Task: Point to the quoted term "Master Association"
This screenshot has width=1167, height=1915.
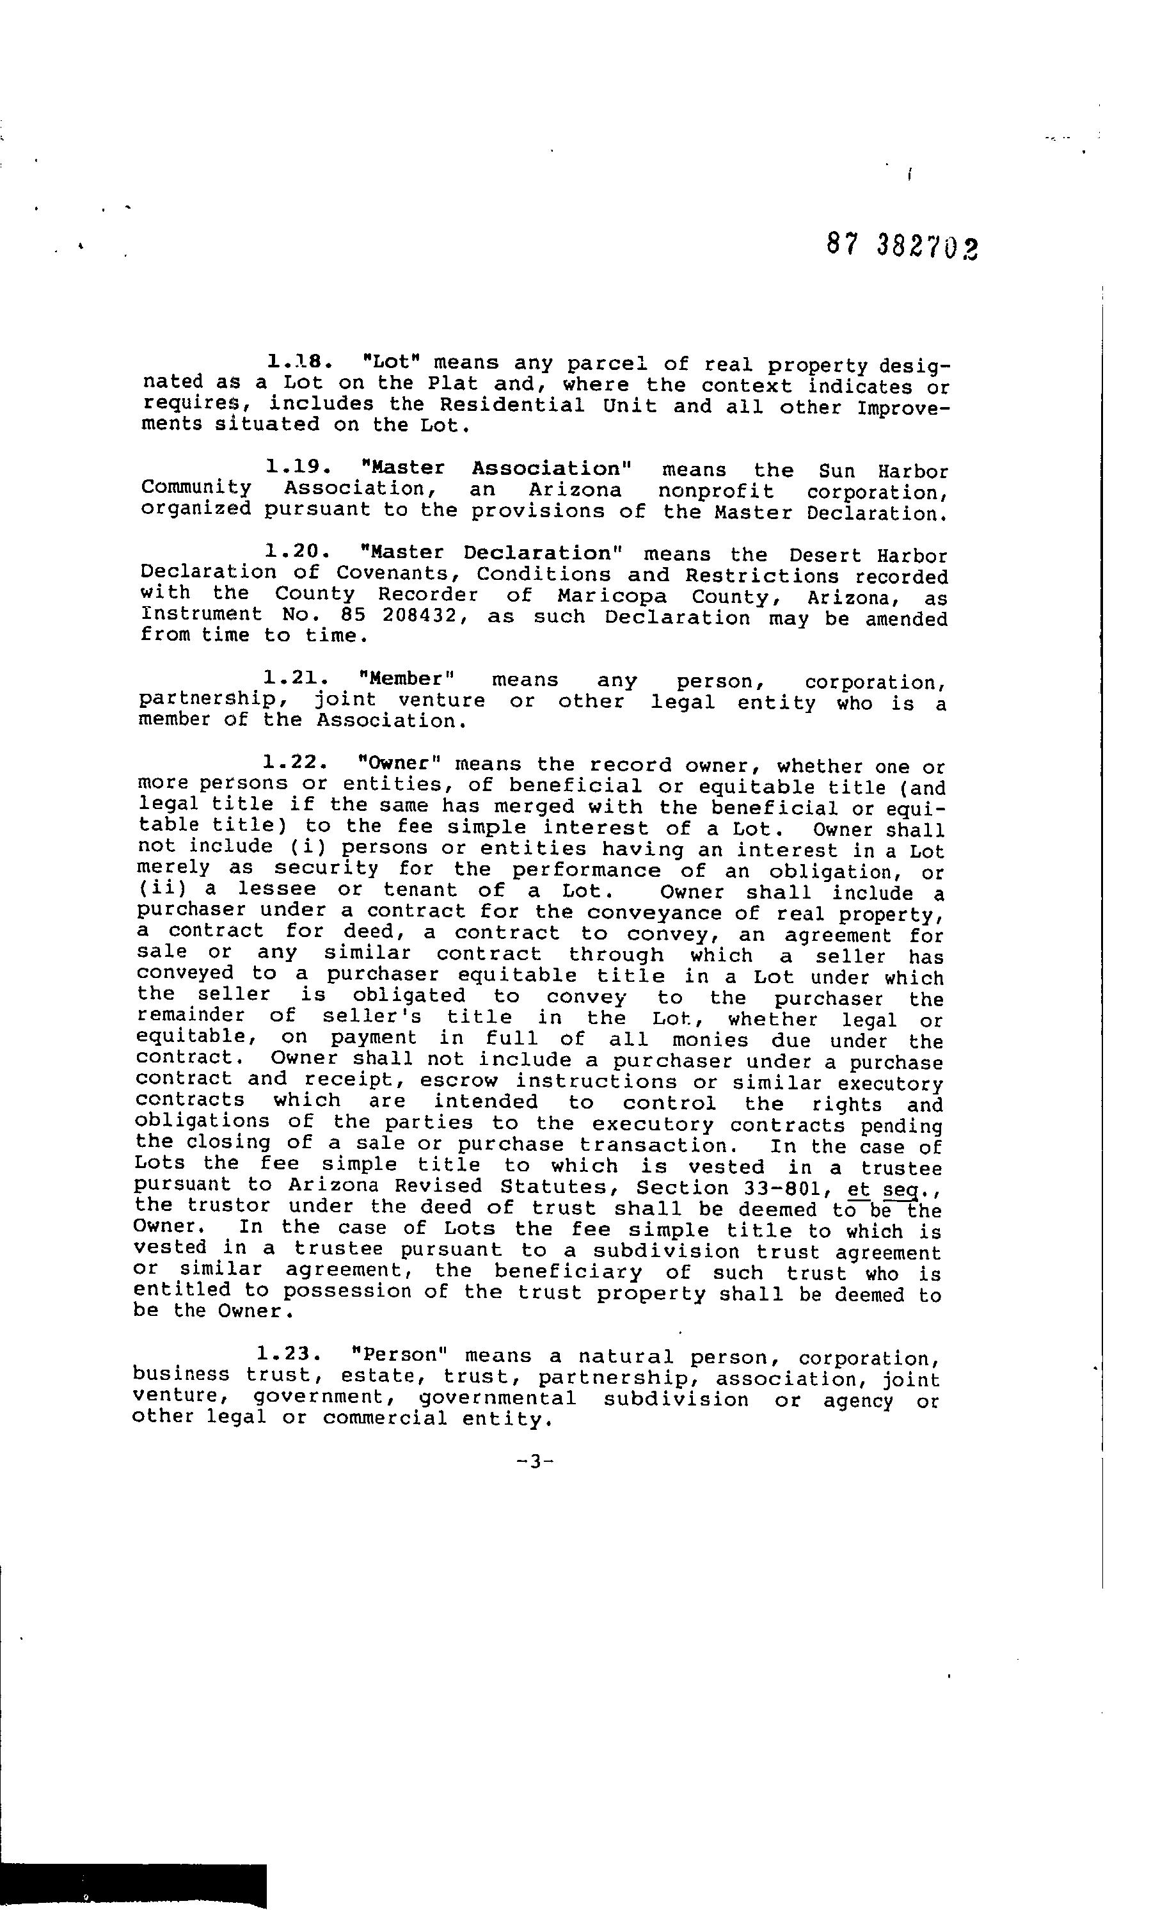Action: click(x=497, y=469)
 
